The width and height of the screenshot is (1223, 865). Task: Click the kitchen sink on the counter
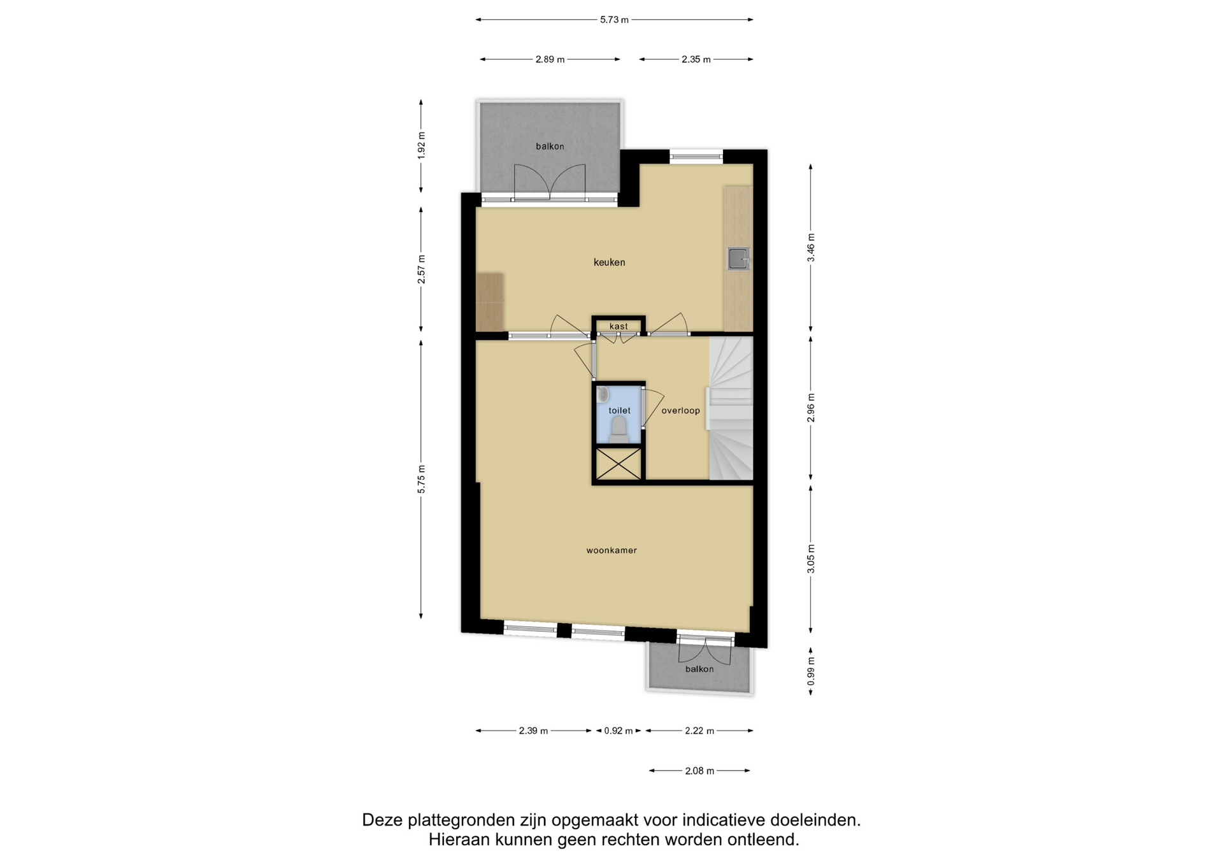click(739, 259)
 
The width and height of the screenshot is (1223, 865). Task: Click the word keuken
click(609, 262)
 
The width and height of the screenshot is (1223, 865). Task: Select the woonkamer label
click(611, 550)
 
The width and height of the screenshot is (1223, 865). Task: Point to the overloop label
click(680, 411)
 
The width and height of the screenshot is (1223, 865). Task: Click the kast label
click(619, 326)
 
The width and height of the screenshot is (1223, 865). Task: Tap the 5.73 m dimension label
click(614, 20)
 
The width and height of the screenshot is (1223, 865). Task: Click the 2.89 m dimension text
click(550, 59)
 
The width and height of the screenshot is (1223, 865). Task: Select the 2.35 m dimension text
click(696, 59)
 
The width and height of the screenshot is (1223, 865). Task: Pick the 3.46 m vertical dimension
click(811, 248)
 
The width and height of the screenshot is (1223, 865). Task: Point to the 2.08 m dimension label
click(699, 771)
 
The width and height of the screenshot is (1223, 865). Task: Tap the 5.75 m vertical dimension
click(421, 479)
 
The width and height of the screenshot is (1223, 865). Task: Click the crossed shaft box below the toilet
click(618, 464)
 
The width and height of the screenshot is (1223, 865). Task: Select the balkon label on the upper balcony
click(550, 147)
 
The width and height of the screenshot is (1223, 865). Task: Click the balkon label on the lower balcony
click(699, 669)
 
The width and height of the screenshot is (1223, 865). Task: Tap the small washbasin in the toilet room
click(603, 394)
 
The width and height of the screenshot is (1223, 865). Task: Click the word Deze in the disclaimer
click(384, 820)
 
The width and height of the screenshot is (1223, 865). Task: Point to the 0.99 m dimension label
click(811, 671)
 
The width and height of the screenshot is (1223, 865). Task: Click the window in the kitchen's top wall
click(696, 156)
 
